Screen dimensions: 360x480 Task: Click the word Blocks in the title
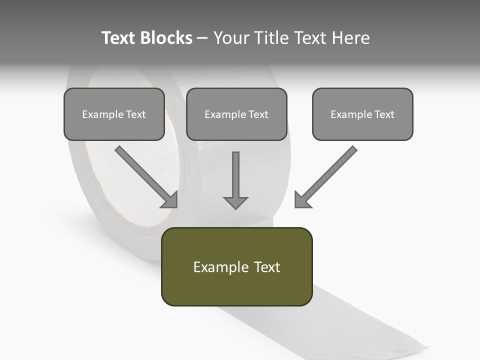point(166,38)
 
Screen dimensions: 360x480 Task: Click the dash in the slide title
point(202,38)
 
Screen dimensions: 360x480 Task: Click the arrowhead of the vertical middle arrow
point(235,202)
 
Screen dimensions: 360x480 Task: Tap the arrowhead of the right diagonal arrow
point(301,199)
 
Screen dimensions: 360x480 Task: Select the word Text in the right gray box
point(384,114)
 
